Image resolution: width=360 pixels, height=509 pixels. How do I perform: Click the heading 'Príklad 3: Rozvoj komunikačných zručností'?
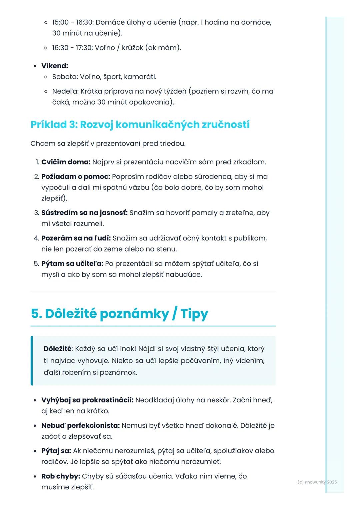tap(140, 125)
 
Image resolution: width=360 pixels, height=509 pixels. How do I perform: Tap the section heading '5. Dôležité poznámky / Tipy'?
tap(119, 314)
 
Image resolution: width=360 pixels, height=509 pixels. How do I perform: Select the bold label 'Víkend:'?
tap(55, 66)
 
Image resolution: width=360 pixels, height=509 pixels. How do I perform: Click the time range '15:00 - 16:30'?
tap(72, 22)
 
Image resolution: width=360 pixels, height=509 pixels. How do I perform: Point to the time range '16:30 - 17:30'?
tap(72, 48)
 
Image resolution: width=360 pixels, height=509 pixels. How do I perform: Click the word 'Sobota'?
tap(64, 77)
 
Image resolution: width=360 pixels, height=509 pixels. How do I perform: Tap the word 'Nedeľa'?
tap(65, 91)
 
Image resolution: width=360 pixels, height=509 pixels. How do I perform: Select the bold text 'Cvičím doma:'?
tap(66, 162)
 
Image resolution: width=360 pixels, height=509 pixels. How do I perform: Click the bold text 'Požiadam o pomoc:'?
tap(76, 177)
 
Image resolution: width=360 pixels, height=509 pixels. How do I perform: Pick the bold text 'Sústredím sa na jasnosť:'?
tap(84, 213)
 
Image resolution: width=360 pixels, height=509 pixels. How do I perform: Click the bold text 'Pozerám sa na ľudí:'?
tap(76, 238)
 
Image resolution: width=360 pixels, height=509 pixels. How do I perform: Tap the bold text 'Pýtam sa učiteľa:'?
tap(72, 264)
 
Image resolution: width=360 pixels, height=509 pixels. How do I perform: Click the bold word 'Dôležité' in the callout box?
tap(57, 349)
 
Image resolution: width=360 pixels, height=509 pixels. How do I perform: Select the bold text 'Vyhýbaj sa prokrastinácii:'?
tap(87, 400)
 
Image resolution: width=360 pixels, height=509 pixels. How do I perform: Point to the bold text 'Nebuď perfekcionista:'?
tap(80, 426)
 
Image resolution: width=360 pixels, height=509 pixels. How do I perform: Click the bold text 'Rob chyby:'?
tap(60, 476)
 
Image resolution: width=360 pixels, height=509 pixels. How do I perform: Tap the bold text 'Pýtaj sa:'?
tap(56, 451)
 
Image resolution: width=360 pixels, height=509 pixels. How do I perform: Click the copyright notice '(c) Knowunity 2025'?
tap(317, 482)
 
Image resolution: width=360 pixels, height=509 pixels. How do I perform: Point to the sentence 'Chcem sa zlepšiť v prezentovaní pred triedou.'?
tap(108, 144)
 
